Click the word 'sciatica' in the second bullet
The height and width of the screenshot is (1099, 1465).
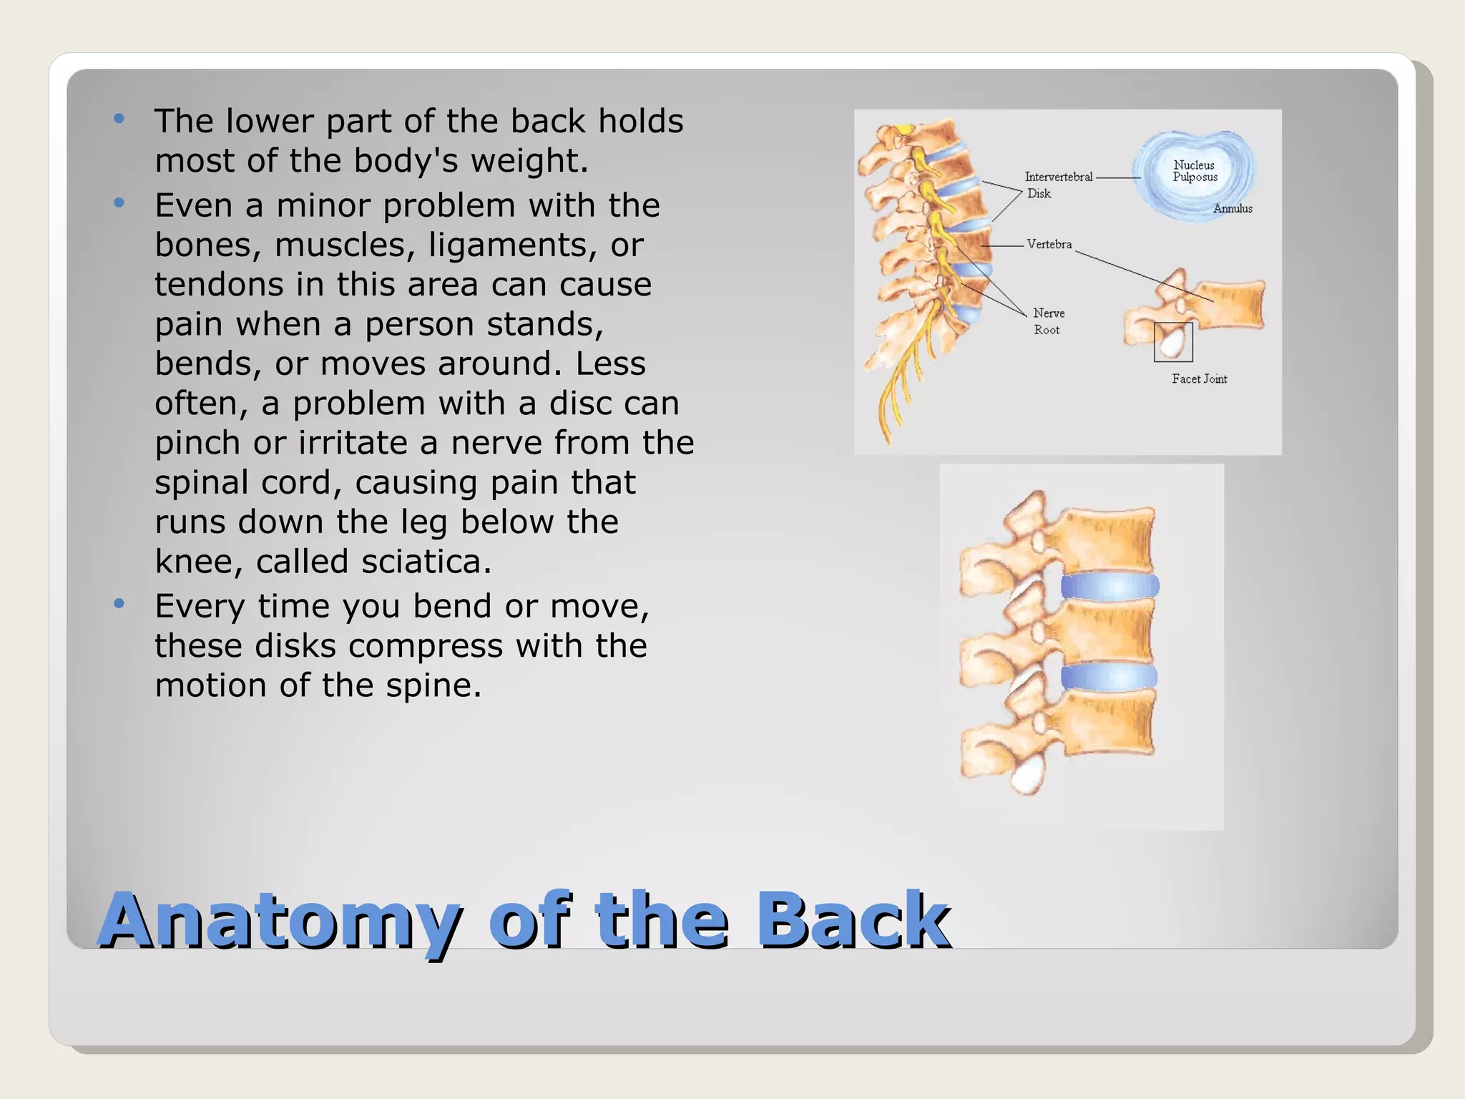click(x=426, y=562)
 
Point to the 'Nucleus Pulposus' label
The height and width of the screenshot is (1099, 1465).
click(x=1195, y=171)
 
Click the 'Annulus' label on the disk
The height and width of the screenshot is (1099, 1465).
click(x=1233, y=209)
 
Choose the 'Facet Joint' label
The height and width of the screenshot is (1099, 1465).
click(x=1199, y=379)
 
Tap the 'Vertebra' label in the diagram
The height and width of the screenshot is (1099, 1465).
click(x=1049, y=245)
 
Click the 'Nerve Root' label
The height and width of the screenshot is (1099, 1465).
click(x=1048, y=322)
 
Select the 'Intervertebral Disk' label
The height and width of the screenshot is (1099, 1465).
click(x=1057, y=185)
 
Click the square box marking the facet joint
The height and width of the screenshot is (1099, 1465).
click(x=1173, y=342)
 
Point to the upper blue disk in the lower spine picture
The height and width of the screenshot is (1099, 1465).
click(x=1109, y=587)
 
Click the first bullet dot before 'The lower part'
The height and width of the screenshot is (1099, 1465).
click(x=119, y=119)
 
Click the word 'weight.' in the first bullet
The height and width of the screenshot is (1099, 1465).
click(x=529, y=161)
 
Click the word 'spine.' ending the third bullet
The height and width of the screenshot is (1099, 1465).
click(x=433, y=685)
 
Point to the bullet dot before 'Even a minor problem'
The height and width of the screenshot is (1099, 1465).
click(x=119, y=203)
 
